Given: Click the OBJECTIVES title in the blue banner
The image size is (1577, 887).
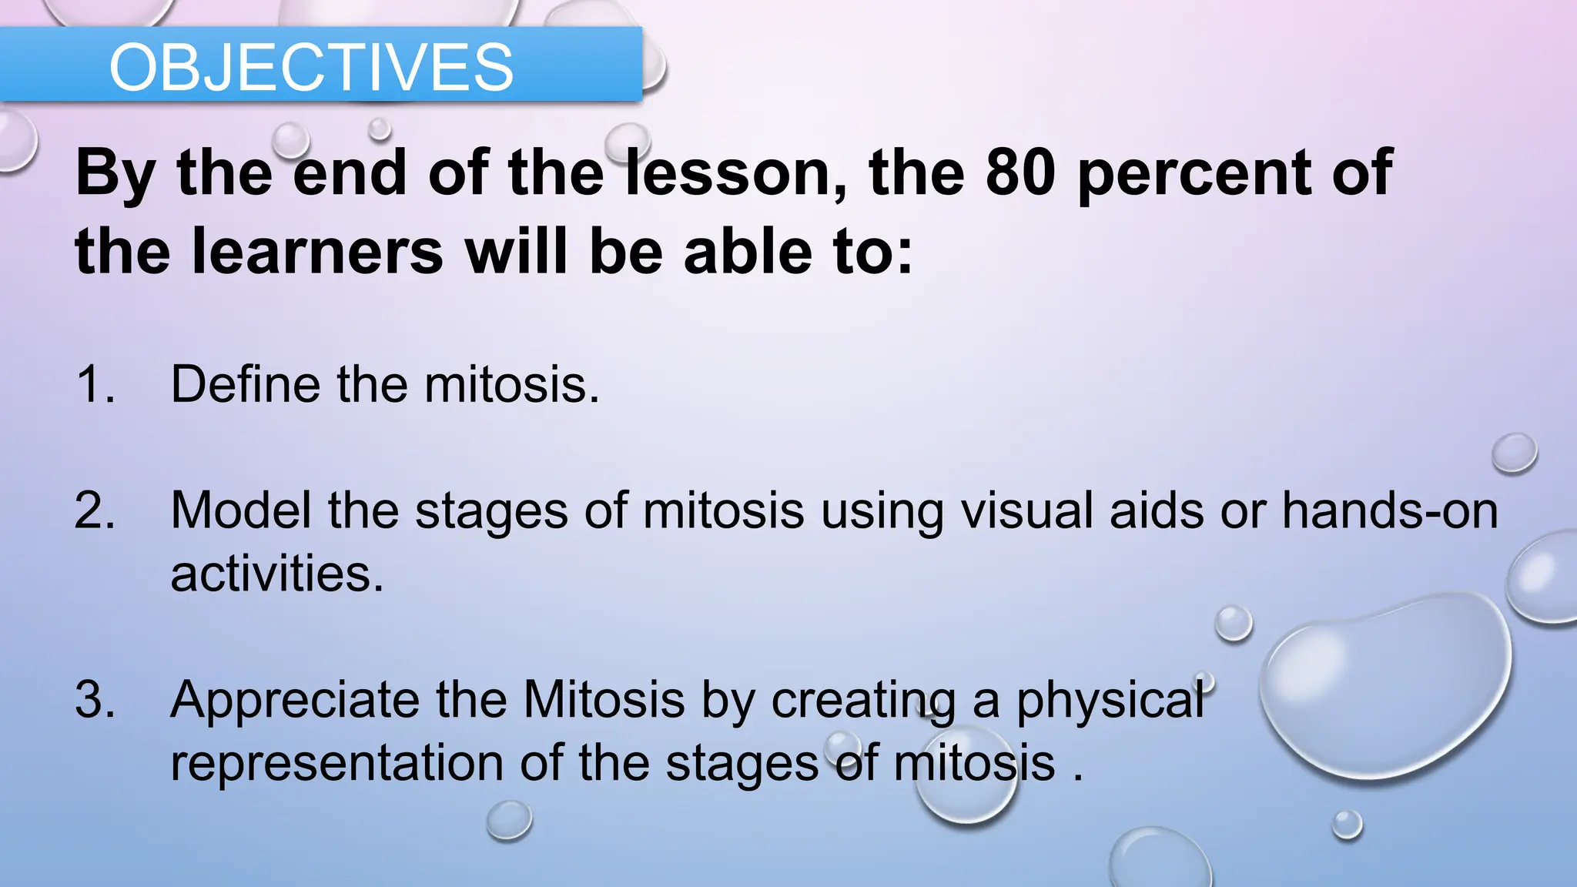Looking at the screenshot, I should [x=311, y=68].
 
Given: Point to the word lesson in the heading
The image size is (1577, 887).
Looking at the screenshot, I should [x=735, y=172].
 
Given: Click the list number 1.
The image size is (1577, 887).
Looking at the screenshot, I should [x=95, y=383].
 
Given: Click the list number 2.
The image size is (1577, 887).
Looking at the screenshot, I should [x=95, y=510].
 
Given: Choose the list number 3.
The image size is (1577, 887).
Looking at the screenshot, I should [x=95, y=699].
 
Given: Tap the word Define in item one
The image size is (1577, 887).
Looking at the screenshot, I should [x=245, y=383].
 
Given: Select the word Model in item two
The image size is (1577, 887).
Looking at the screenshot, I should [x=240, y=510].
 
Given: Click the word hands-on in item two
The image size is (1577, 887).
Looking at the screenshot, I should [x=1390, y=510].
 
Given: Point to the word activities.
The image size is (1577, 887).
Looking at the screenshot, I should [x=276, y=574].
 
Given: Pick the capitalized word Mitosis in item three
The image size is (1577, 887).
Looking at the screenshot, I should [x=604, y=699].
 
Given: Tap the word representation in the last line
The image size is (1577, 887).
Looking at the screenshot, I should [x=336, y=763].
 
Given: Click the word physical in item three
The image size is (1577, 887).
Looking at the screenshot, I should [x=1110, y=701].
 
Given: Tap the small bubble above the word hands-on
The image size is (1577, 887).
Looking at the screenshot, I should [x=1514, y=453].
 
